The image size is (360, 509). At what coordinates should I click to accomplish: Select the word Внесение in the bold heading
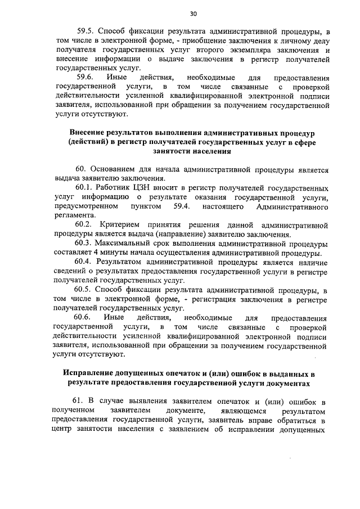click(90, 132)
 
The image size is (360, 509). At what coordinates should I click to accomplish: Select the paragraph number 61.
click(81, 400)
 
